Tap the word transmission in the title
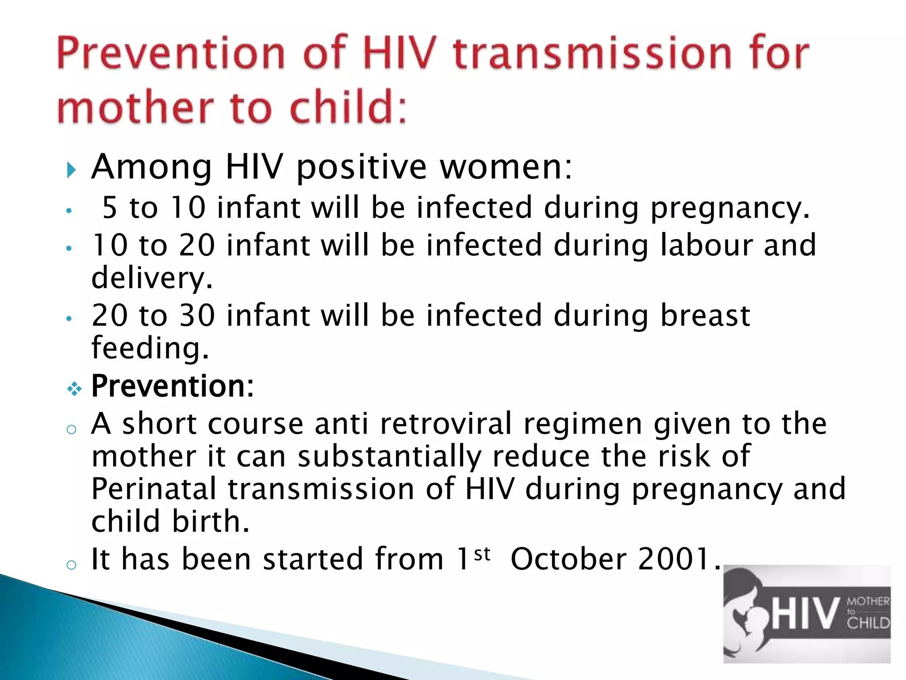[592, 54]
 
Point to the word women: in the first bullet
[506, 167]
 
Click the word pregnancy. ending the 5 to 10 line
[730, 208]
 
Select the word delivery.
[152, 278]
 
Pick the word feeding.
[150, 348]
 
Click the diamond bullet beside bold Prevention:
[74, 389]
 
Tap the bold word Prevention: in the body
[173, 386]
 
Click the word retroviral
[445, 424]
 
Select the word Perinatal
[154, 489]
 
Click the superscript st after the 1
[482, 554]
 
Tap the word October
[568, 559]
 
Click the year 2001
[674, 559]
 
